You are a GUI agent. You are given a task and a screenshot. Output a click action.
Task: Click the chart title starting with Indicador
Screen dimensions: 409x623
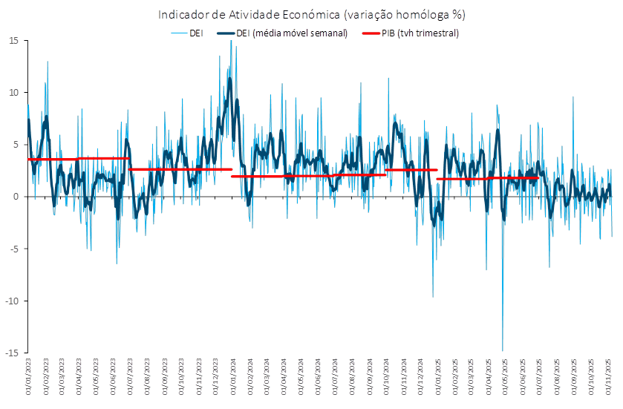click(311, 14)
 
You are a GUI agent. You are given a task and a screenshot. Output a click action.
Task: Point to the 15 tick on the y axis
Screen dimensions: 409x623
click(13, 41)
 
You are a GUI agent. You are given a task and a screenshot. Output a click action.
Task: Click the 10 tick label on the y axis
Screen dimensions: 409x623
click(13, 93)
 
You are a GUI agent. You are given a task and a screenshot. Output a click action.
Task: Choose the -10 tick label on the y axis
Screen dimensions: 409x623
click(12, 301)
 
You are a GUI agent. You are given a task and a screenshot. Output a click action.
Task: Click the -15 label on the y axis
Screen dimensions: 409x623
click(12, 353)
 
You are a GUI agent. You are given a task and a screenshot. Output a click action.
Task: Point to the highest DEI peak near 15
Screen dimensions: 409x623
click(231, 42)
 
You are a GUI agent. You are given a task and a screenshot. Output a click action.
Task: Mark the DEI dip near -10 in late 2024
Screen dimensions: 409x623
click(433, 296)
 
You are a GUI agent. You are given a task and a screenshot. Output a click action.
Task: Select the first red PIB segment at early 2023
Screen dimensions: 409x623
click(52, 160)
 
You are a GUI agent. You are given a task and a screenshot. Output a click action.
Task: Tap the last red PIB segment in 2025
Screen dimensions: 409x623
click(487, 178)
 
